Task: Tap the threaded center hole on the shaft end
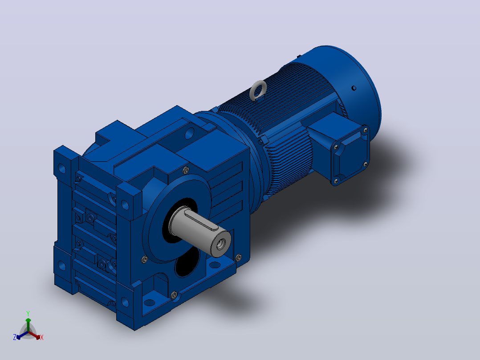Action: [221, 244]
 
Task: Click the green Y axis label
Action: [28, 313]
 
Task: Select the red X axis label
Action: [42, 337]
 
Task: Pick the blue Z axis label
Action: [14, 337]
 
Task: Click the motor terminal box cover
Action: [351, 155]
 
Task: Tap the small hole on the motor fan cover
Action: [354, 88]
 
